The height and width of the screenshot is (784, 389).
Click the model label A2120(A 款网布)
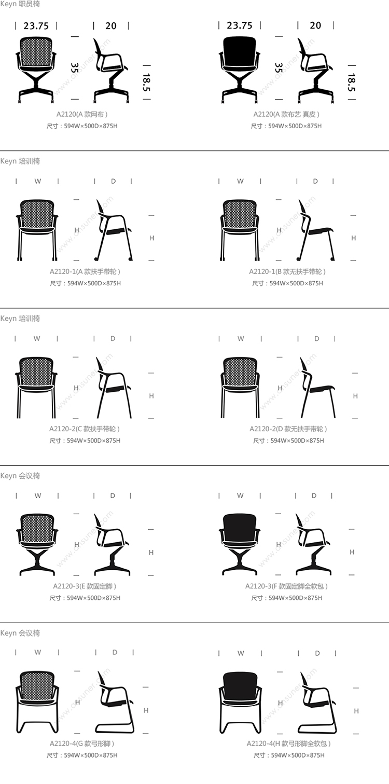[x=82, y=115]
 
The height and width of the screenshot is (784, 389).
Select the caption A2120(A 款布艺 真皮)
[x=286, y=115]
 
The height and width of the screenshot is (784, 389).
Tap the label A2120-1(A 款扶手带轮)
[x=85, y=271]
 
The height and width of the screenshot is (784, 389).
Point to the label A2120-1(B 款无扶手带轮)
[x=287, y=271]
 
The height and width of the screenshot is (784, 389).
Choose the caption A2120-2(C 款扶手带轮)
[x=85, y=429]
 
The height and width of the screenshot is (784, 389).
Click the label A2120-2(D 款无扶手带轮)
[x=288, y=429]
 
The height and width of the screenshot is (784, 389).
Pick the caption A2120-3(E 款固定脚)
[x=85, y=586]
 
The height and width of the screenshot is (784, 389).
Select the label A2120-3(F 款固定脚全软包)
[x=286, y=586]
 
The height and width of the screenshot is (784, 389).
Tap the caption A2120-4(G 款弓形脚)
[x=82, y=744]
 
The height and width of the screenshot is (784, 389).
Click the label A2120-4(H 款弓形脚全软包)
[x=288, y=744]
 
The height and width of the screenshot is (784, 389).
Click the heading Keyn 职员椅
[x=20, y=4]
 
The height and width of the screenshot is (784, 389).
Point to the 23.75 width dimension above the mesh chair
[x=36, y=26]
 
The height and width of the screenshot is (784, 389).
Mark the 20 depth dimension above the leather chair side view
[x=315, y=25]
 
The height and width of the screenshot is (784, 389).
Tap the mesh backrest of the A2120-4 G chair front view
[x=37, y=685]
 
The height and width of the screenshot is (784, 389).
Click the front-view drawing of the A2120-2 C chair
[x=36, y=388]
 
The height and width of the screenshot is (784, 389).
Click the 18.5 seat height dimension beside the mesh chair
[x=147, y=82]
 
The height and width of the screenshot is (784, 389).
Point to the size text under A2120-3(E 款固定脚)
[x=85, y=598]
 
